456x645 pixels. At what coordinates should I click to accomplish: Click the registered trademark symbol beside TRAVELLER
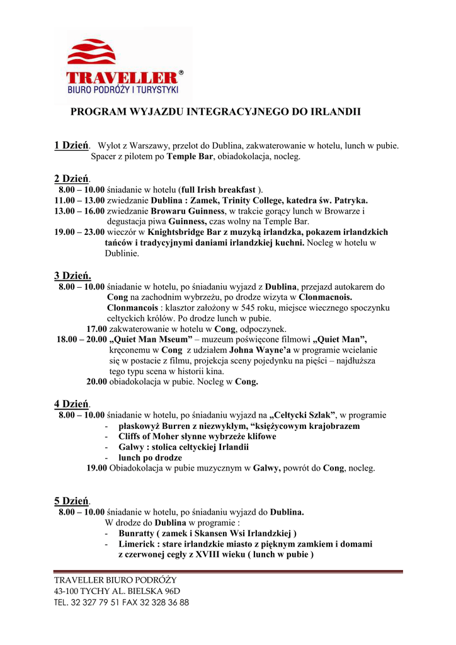pyautogui.click(x=181, y=73)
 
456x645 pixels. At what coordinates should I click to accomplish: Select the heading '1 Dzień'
pyautogui.click(x=71, y=146)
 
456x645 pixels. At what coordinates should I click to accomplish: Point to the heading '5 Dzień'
pyautogui.click(x=71, y=501)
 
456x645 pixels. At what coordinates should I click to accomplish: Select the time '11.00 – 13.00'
pyautogui.click(x=79, y=200)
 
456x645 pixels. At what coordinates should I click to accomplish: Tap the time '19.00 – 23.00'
pyautogui.click(x=79, y=232)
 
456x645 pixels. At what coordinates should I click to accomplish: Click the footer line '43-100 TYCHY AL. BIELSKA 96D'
pyautogui.click(x=117, y=591)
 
